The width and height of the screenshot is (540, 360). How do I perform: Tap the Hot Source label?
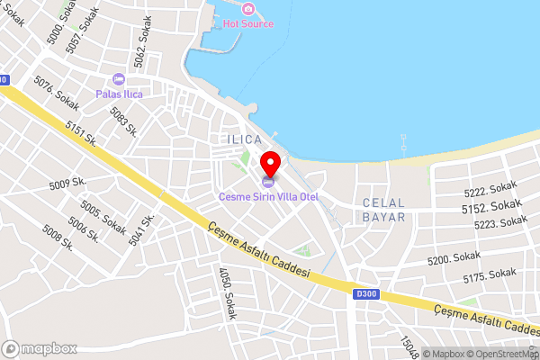(x=247, y=23)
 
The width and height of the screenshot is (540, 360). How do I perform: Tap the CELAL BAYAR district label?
(x=382, y=210)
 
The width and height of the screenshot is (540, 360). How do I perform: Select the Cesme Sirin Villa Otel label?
(x=270, y=197)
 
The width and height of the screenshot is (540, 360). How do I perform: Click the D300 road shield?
(x=365, y=293)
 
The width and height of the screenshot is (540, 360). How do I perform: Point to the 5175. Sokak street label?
(x=490, y=275)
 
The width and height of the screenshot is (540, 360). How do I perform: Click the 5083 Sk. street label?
(x=123, y=121)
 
